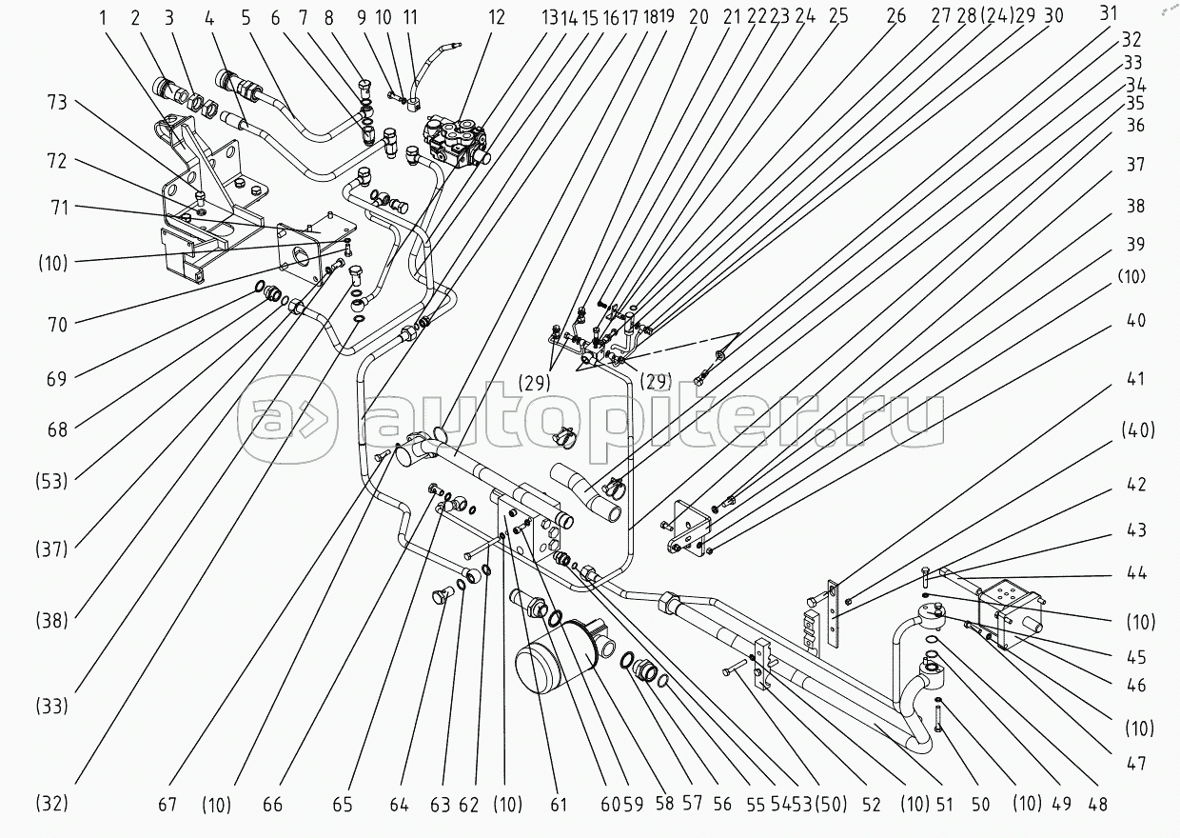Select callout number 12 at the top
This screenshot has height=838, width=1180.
[x=496, y=17]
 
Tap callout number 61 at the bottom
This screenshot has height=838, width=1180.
[x=558, y=806]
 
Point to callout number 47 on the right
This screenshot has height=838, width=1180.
[x=1139, y=763]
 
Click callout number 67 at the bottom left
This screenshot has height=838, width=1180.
[x=167, y=806]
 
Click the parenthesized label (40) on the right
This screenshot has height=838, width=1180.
[x=1138, y=431]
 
